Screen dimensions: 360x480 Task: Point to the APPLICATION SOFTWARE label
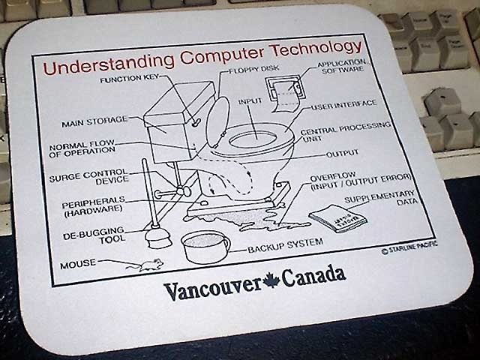[x=340, y=67]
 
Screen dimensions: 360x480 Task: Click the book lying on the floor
[x=337, y=218]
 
